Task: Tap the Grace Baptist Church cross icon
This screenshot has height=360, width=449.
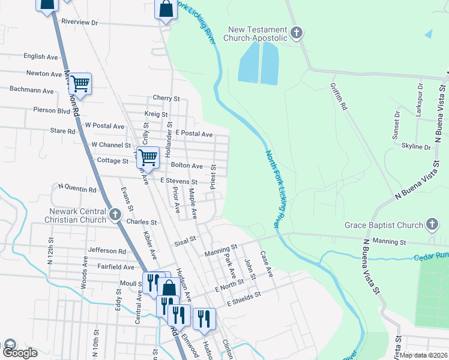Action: [432, 225]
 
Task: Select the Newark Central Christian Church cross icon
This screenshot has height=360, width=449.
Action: [116, 214]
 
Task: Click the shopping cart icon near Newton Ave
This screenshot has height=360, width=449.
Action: [80, 84]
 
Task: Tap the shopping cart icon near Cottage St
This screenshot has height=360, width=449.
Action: [148, 157]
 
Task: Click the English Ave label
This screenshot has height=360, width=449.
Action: [41, 56]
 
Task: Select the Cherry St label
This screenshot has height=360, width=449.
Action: [166, 98]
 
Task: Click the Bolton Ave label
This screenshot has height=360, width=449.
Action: [187, 165]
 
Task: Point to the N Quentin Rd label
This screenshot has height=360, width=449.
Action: [76, 190]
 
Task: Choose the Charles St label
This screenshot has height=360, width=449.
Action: [142, 221]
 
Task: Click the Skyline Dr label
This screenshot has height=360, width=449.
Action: [416, 146]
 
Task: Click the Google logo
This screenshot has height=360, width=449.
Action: [19, 353]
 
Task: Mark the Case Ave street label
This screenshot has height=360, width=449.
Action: [267, 264]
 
